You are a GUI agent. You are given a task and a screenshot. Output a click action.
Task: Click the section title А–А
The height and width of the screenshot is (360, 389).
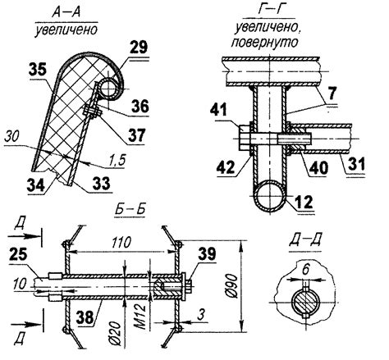tap(66, 12)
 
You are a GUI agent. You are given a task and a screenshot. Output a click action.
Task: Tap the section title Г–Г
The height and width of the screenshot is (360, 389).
tap(270, 10)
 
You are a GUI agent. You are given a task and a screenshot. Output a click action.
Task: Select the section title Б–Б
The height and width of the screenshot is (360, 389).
tap(130, 210)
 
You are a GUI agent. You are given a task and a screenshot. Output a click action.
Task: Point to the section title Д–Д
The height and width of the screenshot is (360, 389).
tap(305, 241)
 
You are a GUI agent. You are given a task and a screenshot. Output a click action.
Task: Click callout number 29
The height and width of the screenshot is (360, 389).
tap(139, 47)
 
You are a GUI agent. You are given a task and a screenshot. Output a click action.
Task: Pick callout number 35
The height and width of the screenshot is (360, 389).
tap(38, 70)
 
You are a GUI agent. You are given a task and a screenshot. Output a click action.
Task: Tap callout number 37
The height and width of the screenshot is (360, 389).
tap(137, 135)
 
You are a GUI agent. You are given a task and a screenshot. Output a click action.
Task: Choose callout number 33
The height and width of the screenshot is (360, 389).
tap(101, 183)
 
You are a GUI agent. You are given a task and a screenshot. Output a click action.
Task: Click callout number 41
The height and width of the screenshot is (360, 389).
tap(218, 111)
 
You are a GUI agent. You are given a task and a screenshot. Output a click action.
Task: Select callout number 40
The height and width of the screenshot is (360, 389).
tap(318, 167)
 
